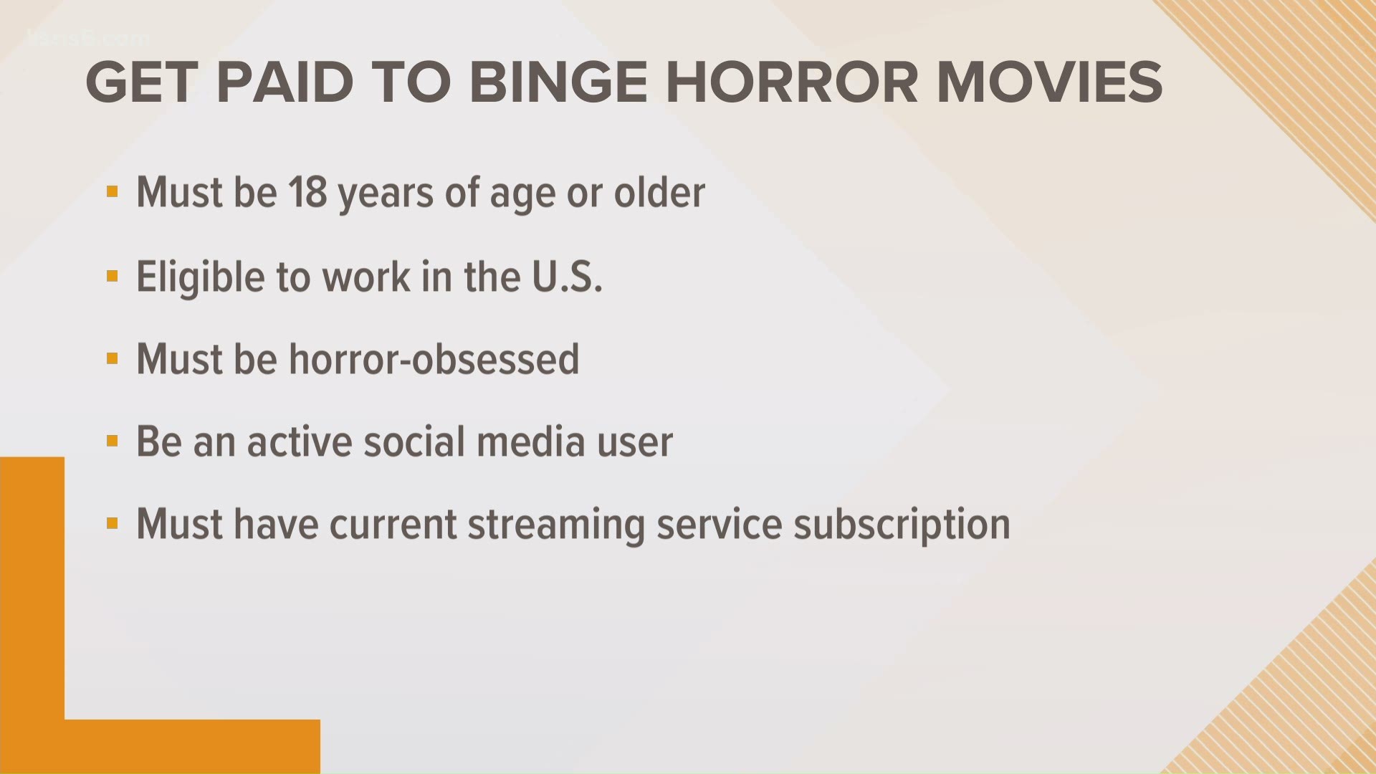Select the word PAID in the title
pos(285,82)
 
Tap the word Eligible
pos(201,278)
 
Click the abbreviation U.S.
pos(566,277)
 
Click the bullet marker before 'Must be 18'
pos(112,192)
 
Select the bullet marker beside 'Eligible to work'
pos(112,276)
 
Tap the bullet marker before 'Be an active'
pos(112,441)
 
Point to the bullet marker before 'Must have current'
pos(112,524)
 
